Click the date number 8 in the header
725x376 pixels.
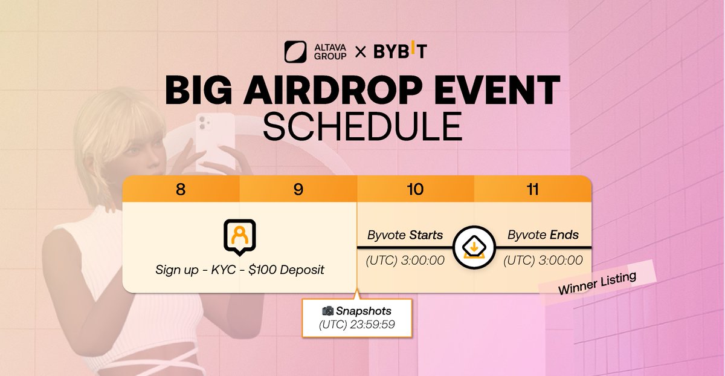181,189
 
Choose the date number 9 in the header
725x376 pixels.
298,189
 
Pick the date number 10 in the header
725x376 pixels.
415,189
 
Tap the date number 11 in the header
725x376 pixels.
532,189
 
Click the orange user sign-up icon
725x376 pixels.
239,236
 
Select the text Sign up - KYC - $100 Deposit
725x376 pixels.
239,270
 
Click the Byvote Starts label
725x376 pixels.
405,235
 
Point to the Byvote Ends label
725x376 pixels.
543,235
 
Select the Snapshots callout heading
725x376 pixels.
356,311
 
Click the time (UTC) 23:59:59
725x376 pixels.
356,324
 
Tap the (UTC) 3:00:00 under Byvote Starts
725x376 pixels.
405,261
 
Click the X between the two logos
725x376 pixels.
360,53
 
